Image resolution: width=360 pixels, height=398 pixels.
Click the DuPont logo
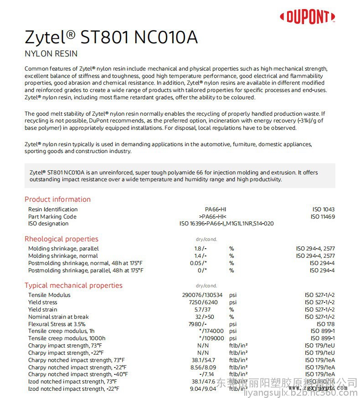click(308, 17)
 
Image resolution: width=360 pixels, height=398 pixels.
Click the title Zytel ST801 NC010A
click(111, 37)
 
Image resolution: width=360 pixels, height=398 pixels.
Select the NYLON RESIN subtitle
click(51, 54)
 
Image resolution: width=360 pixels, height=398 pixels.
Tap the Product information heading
click(57, 199)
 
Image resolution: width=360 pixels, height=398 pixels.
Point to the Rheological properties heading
click(61, 239)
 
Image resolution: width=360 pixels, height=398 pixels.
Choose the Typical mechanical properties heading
click(73, 285)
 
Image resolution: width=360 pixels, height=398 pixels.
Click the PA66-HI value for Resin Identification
click(212, 209)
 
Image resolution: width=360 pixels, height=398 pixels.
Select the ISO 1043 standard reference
click(323, 209)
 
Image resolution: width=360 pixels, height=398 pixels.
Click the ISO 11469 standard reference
click(323, 217)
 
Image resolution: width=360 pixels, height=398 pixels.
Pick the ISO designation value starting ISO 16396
click(226, 224)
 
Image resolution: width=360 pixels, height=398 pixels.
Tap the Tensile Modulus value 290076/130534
click(202, 295)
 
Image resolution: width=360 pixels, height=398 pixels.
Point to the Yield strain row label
click(42, 310)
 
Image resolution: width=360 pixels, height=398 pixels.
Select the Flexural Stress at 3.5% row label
click(57, 324)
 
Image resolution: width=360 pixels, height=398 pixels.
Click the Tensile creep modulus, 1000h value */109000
click(211, 338)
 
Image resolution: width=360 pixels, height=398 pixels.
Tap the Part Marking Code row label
click(52, 217)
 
